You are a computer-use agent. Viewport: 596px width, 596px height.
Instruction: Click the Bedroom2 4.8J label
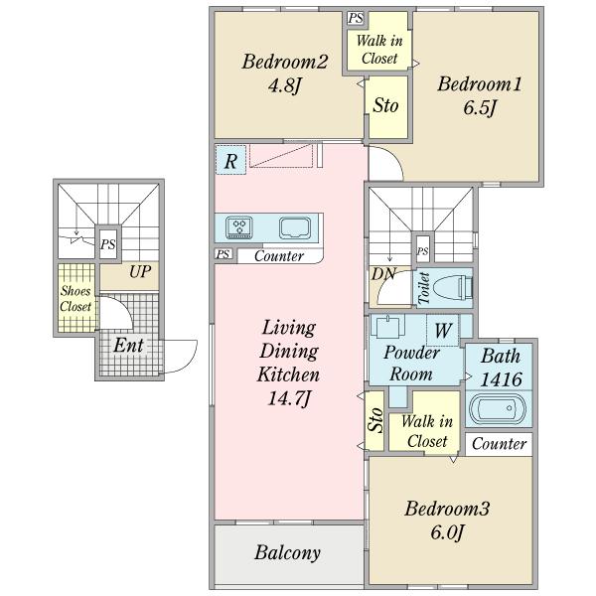coord(285,73)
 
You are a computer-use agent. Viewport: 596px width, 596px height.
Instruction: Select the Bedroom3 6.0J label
coord(447,521)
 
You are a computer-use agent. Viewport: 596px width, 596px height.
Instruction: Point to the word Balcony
coord(287,552)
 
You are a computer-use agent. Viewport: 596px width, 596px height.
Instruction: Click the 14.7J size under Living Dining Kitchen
coord(288,398)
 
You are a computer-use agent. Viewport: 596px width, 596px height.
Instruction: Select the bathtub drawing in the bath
coord(497,408)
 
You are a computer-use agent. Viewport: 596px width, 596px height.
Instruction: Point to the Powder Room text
coord(410,364)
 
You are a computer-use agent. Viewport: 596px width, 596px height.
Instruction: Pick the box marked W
coord(442,328)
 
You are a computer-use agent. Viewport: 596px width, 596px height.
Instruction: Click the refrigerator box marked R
coord(229,161)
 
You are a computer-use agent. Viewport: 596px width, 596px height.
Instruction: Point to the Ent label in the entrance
coord(126,347)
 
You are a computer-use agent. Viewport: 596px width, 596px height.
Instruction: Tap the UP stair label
coord(141,270)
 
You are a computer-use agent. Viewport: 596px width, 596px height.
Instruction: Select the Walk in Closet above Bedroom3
coord(428,430)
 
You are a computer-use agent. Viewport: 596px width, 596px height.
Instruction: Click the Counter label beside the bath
coord(499,444)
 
